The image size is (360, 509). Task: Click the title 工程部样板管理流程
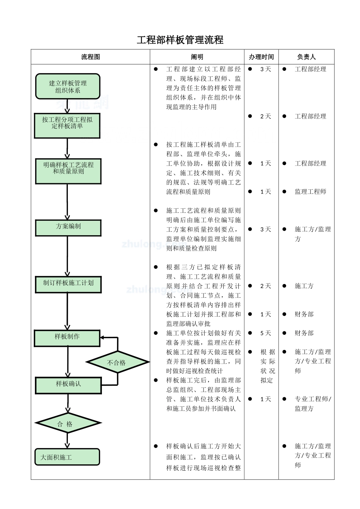tap(180, 40)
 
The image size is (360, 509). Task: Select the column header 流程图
tap(91, 57)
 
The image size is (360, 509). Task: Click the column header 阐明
tap(197, 57)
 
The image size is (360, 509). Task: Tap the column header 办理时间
tap(261, 57)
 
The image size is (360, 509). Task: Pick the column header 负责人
tap(306, 57)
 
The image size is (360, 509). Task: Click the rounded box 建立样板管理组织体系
tap(67, 87)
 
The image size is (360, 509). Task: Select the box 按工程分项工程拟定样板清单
tap(67, 125)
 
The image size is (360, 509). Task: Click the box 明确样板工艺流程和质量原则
tap(68, 171)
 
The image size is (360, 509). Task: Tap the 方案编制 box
tap(68, 228)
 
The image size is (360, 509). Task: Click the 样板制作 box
tap(67, 338)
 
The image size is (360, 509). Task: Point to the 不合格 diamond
tap(117, 362)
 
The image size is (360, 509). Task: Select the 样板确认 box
tap(68, 385)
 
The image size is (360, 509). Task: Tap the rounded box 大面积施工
tap(67, 457)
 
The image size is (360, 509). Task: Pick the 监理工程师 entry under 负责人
tap(310, 192)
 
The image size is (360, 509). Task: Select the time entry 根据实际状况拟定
tap(268, 366)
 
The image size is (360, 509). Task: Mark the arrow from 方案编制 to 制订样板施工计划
tap(67, 256)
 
